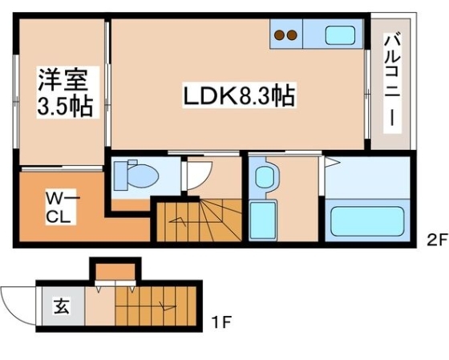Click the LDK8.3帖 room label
pos(239,98)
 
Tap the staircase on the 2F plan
pos(196,220)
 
